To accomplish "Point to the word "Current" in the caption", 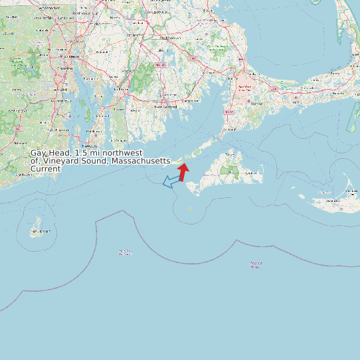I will point(46,169).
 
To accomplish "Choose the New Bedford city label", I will point(166,106).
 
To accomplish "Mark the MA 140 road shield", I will point(159,64).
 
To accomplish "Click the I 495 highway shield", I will point(192,58).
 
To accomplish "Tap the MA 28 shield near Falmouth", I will point(230,112).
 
